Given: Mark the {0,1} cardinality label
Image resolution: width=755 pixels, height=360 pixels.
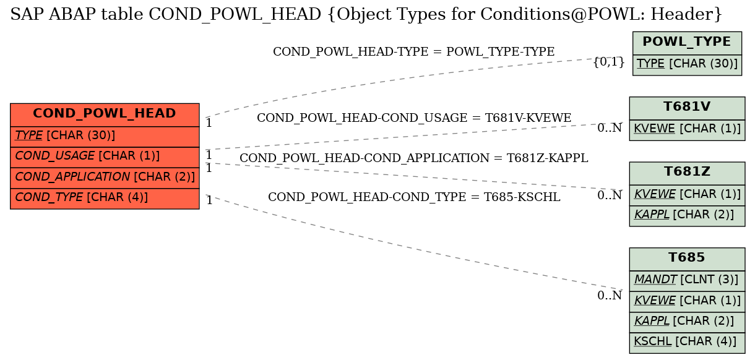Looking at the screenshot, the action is pos(609,62).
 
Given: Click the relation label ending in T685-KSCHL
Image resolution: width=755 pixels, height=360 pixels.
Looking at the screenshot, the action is pos(414,197).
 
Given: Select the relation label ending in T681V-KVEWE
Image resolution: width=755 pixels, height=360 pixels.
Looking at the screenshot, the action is pos(414,118).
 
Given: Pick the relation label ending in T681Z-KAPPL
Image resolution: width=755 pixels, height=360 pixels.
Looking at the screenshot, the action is pos(414,158).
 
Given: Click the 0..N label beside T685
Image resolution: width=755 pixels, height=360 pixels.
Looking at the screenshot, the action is pos(610,296).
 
